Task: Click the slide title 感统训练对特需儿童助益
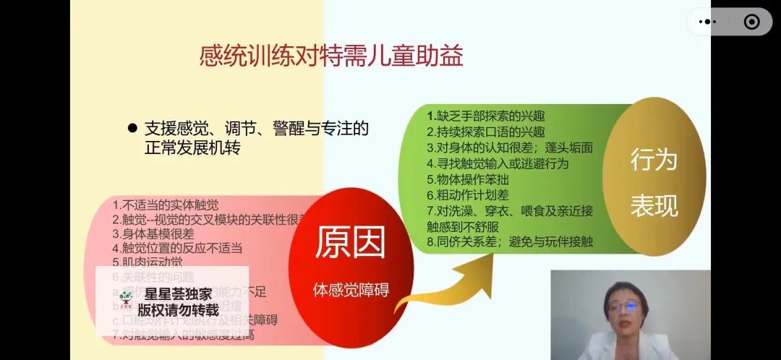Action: [331, 56]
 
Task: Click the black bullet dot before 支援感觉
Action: [132, 128]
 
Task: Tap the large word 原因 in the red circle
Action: [351, 244]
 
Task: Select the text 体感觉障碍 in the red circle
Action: [351, 290]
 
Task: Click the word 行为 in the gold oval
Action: [654, 160]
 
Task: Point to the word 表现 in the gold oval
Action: [654, 206]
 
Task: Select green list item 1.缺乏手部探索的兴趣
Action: [485, 116]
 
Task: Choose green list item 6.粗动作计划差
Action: [468, 194]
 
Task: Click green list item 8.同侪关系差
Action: [509, 241]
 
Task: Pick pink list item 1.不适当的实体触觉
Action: [165, 205]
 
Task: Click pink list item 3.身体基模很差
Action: [153, 233]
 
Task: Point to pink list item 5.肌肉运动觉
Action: [148, 262]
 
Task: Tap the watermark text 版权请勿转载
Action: [178, 309]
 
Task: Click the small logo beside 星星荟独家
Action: [127, 296]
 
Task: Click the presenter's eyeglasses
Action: [623, 306]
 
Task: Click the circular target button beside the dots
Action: [751, 22]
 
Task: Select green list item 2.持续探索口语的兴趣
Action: [485, 132]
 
